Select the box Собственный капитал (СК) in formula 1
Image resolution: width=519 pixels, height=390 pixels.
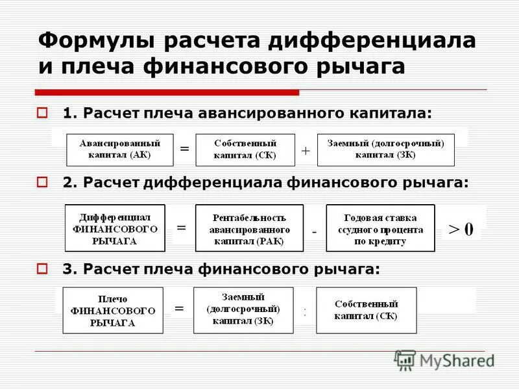point(245,149)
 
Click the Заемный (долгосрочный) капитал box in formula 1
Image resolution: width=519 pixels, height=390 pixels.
point(385,149)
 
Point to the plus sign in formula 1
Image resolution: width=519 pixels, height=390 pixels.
point(306,150)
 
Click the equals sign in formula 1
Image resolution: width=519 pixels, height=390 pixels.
point(184,149)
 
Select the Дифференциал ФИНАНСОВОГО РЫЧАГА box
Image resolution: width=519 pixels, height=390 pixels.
point(115,228)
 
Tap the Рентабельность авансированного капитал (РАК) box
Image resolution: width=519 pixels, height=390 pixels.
point(249,229)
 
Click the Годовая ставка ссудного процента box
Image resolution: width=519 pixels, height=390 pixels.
point(380,229)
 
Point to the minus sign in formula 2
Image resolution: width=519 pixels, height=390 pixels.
point(314,231)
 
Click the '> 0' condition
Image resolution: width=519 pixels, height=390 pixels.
point(461,229)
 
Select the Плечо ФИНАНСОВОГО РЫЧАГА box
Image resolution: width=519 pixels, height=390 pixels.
point(113,311)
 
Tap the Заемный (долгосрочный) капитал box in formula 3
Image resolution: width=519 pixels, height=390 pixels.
point(243,310)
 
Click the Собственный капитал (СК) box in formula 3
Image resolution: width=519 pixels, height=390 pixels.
point(367,310)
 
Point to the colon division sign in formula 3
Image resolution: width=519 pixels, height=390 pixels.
point(304,312)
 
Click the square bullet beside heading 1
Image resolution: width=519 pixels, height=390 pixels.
point(43,112)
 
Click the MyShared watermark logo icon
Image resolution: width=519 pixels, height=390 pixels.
point(405,360)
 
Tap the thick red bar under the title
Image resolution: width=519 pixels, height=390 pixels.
point(167,92)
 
